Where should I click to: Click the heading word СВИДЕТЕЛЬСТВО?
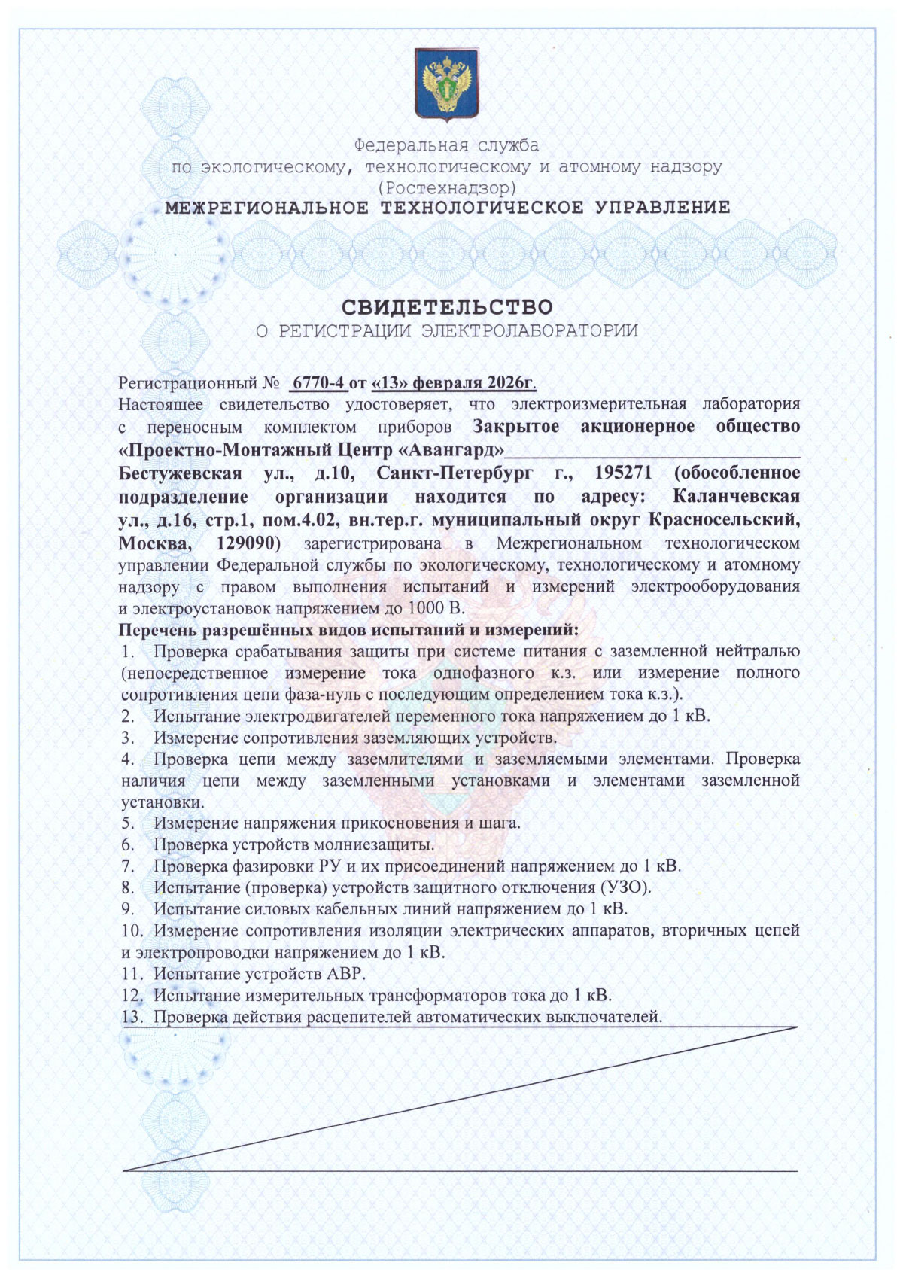pyautogui.click(x=447, y=307)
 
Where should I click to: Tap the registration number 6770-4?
pyautogui.click(x=318, y=382)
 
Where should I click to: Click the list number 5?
pyautogui.click(x=128, y=823)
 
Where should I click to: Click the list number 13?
pyautogui.click(x=132, y=1018)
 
